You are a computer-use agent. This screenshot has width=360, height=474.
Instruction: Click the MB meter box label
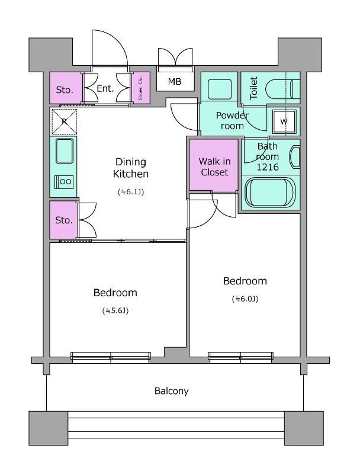175,81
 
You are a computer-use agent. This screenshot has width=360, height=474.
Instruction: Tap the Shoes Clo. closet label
140,88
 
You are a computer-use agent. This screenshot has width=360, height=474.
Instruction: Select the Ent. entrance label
105,88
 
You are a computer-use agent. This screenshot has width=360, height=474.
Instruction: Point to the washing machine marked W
284,121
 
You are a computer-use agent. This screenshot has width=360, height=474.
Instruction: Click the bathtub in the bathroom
271,192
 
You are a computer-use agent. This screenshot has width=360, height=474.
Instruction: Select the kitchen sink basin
65,151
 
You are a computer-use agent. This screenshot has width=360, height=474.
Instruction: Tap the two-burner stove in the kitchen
64,182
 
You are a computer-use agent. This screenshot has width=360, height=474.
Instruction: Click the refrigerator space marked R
64,121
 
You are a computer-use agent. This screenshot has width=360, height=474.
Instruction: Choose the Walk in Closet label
214,166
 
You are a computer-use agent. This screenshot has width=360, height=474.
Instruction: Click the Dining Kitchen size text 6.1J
131,191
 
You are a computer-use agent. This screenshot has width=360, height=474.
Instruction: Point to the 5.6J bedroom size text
115,310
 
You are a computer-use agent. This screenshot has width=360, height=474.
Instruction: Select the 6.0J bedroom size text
245,299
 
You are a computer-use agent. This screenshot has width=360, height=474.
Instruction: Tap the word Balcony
172,391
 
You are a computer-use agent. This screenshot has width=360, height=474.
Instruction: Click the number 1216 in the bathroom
268,167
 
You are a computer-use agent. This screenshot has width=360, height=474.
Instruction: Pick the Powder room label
232,120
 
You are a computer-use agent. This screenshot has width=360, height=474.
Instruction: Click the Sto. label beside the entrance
65,90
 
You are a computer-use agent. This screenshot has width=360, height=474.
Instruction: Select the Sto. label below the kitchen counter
64,220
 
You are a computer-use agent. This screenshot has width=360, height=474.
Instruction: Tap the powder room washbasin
220,85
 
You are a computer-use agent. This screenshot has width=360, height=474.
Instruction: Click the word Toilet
253,88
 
